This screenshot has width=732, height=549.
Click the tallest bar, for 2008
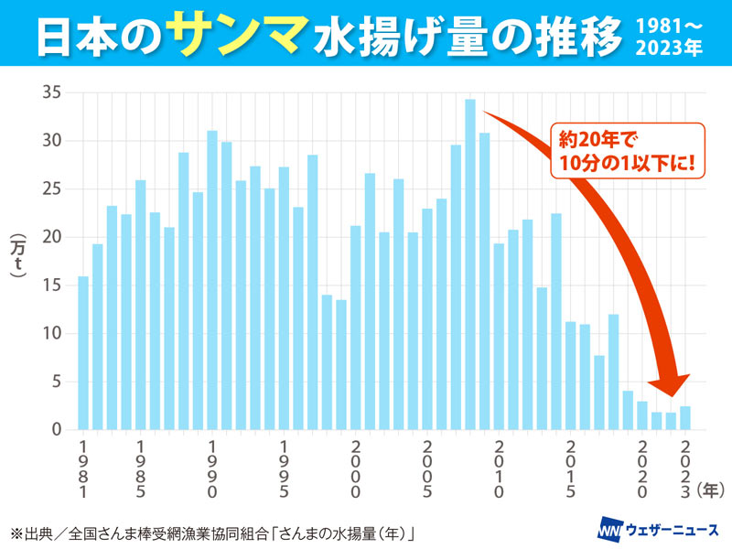[470, 264]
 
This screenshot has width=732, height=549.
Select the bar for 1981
[83, 352]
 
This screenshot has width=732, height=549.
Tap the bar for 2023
[684, 418]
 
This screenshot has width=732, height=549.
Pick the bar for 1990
[212, 280]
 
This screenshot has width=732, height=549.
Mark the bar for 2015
[570, 375]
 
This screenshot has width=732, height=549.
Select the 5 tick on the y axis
[55, 382]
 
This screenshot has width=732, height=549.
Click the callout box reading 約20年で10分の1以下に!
[621, 152]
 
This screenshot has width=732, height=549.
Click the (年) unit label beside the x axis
[711, 490]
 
